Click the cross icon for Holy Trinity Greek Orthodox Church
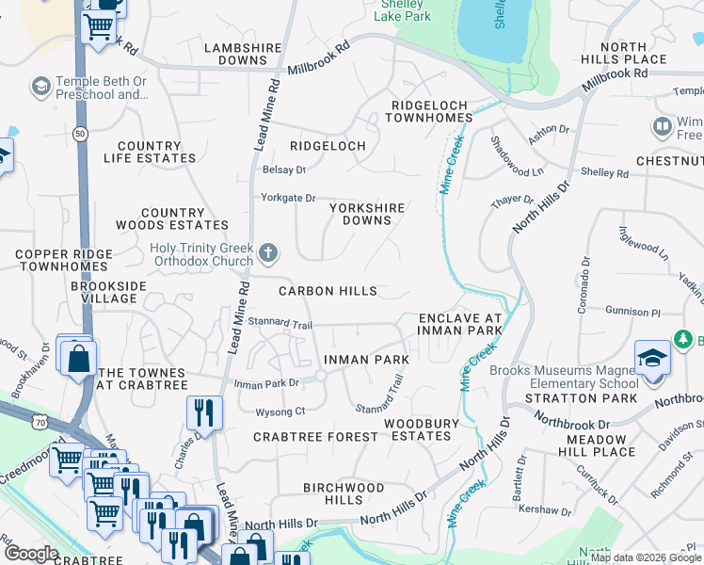(268, 252)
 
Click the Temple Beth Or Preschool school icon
(40, 88)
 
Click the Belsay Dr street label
(284, 170)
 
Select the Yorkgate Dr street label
(288, 198)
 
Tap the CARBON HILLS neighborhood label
(328, 292)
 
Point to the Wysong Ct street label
(280, 412)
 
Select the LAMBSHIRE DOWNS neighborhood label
(235, 53)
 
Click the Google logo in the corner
(31, 554)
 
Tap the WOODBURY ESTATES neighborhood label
(421, 429)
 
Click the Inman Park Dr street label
(265, 384)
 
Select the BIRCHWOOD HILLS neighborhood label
(343, 493)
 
